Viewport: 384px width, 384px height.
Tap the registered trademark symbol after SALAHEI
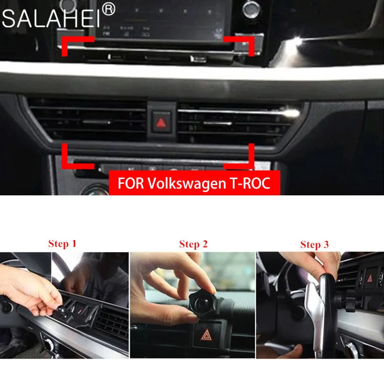pyautogui.click(x=109, y=9)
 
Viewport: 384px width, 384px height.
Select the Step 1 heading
pyautogui.click(x=62, y=243)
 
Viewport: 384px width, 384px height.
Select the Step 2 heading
pyautogui.click(x=193, y=244)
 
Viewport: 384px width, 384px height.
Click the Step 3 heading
pyautogui.click(x=314, y=244)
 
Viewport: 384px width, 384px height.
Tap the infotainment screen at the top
pyautogui.click(x=163, y=19)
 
